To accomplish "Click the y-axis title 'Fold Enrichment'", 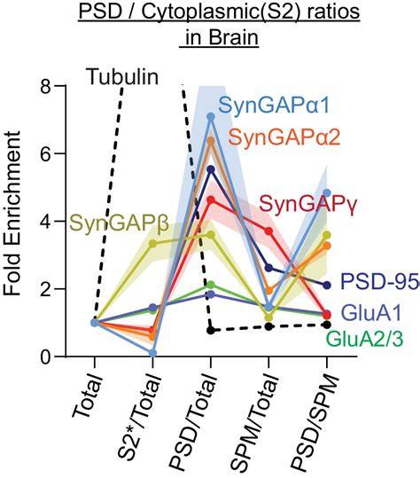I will (x=19, y=222).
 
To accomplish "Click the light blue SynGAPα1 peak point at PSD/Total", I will (x=210, y=116).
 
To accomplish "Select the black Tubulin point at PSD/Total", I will (x=210, y=330).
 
